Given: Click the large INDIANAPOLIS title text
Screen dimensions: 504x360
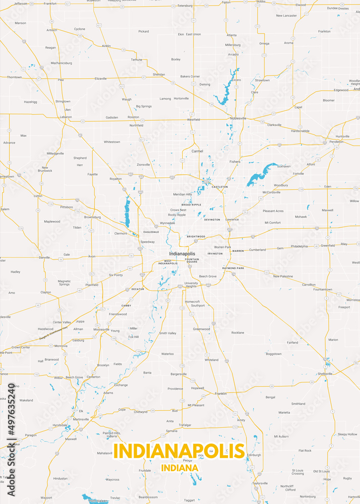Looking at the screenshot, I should [179, 451].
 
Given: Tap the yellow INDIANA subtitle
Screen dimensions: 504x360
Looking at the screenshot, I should [179, 468].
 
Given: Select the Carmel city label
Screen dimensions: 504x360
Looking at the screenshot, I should [197, 151].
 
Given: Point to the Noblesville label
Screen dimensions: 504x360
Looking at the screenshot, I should [238, 118].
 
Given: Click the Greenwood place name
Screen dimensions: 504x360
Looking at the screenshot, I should [201, 329].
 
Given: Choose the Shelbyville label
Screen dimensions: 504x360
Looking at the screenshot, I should [325, 374].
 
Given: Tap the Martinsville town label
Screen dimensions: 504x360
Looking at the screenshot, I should [81, 419].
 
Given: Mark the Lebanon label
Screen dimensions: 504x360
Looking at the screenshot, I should [66, 117].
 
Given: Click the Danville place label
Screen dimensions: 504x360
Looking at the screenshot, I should [44, 258].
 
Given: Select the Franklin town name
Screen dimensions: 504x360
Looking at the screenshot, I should [220, 393].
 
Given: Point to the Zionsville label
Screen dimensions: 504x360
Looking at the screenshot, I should [143, 164].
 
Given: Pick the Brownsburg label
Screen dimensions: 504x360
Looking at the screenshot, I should [92, 217].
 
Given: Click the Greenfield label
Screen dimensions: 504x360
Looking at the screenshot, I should [328, 245].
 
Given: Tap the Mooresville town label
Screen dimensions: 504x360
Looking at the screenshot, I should [101, 329].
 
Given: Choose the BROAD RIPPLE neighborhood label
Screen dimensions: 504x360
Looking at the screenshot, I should [191, 205].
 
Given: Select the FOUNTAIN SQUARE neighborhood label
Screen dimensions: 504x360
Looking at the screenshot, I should [192, 261].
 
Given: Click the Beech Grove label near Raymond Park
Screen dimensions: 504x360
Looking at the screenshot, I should [207, 276].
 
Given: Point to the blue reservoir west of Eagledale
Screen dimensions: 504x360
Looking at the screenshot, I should [127, 212].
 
